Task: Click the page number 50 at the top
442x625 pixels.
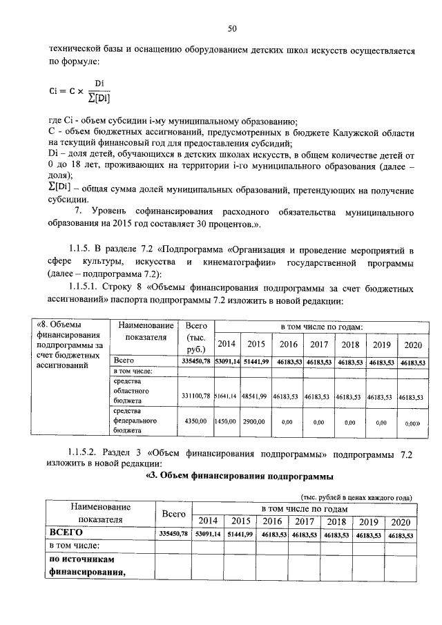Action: [232, 28]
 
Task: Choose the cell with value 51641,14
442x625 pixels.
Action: [225, 397]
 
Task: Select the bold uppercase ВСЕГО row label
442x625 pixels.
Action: [66, 532]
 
